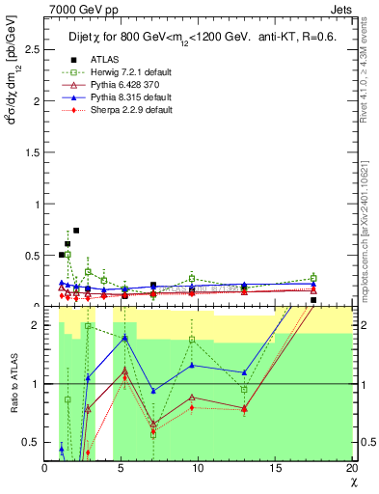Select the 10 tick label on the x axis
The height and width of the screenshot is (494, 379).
coord(199,468)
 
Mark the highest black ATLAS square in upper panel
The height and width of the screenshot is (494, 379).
coord(76,231)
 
